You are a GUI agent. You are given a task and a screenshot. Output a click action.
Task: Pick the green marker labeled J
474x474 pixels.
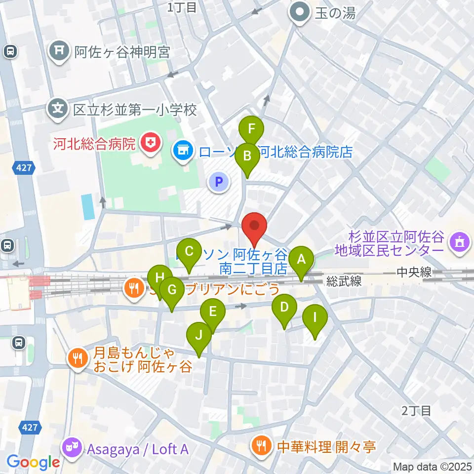pos(198,336)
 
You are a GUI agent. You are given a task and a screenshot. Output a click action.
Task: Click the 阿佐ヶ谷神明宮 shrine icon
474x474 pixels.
pos(59,51)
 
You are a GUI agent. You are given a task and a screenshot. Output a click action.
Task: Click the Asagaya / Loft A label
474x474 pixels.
pos(137,449)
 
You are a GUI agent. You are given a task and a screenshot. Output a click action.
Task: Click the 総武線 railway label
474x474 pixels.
pos(343,281)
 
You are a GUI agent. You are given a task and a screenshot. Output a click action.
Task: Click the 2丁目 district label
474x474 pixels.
pos(417,410)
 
